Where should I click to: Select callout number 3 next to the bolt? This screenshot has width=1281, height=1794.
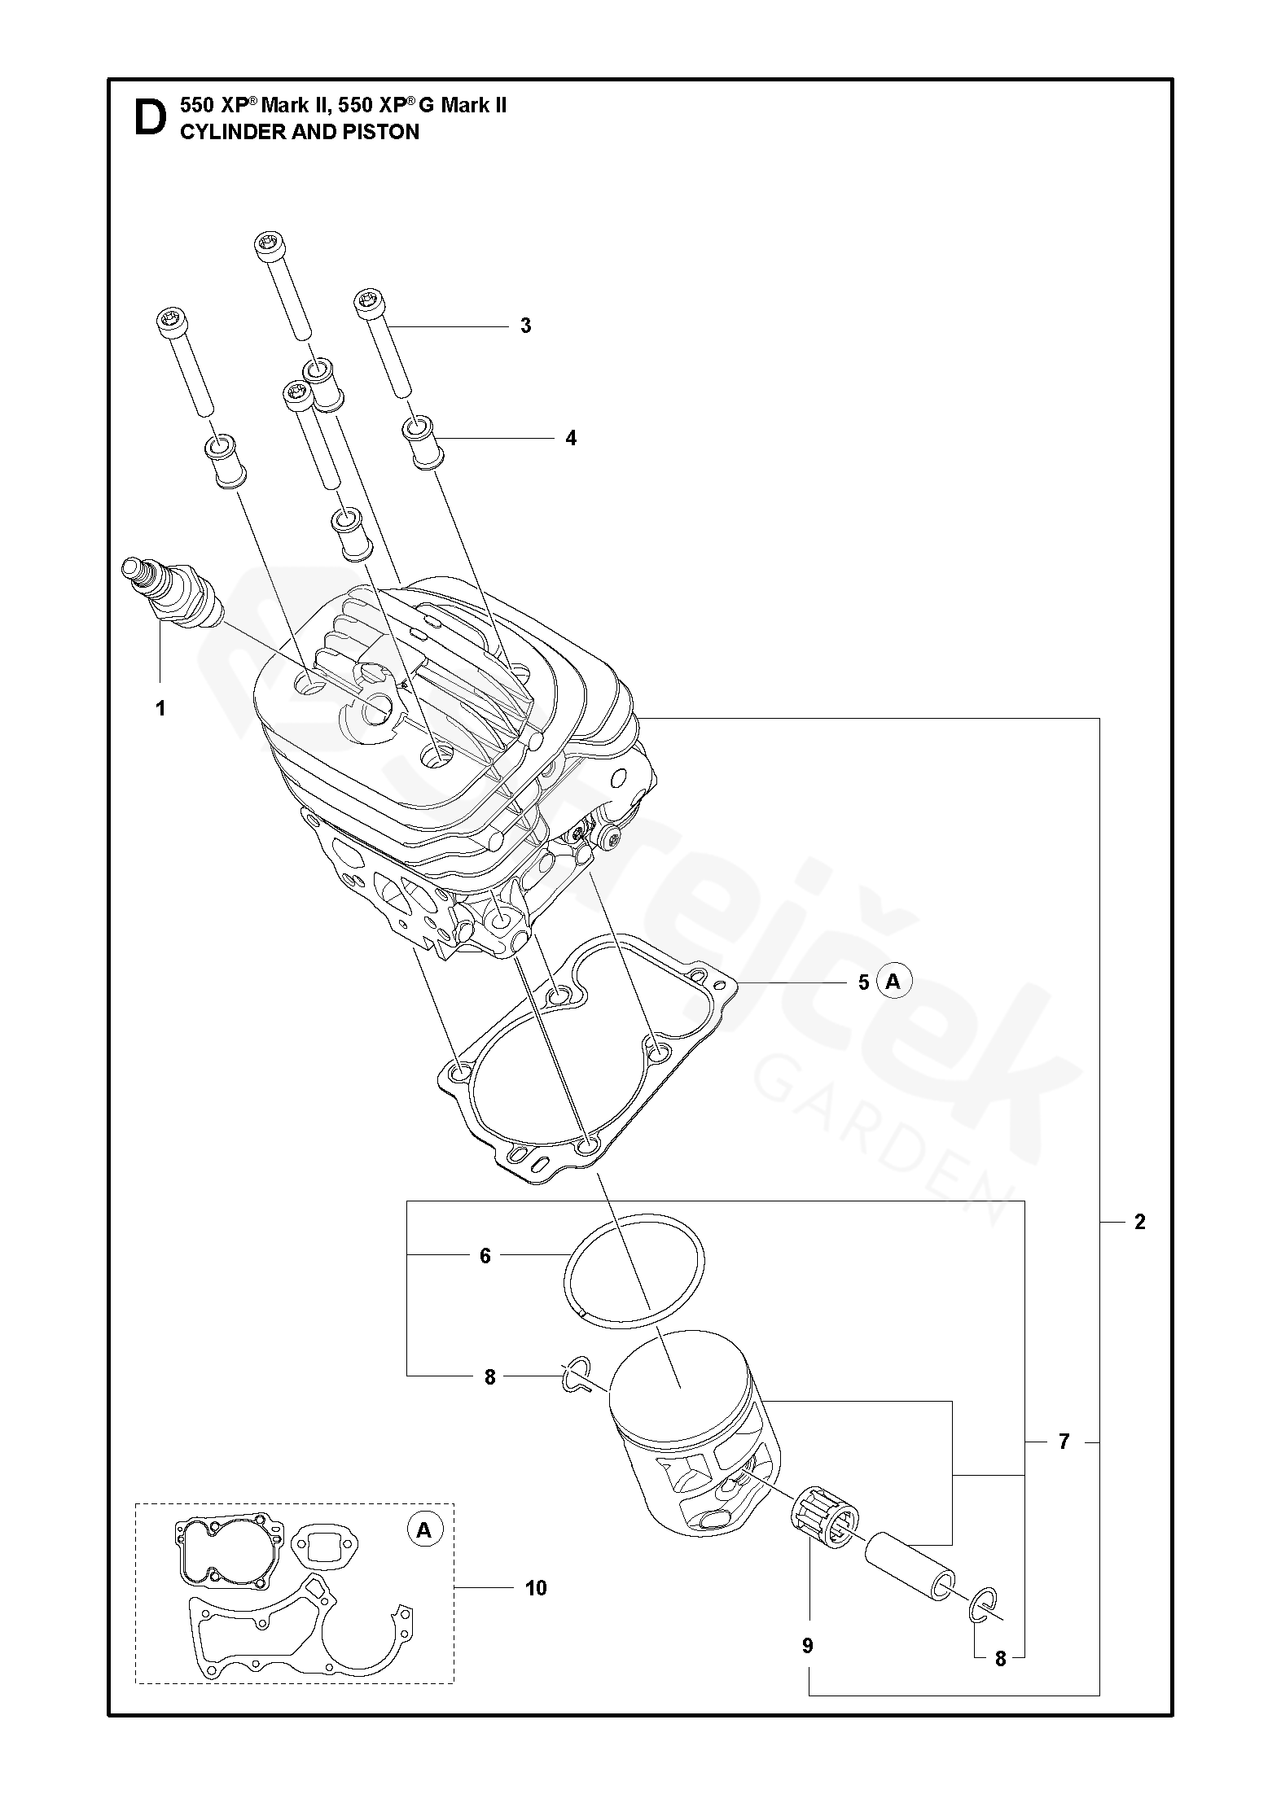pyautogui.click(x=525, y=326)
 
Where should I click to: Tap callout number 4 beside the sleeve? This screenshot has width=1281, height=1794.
pyautogui.click(x=571, y=438)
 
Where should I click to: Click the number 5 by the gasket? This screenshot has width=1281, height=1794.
pyautogui.click(x=863, y=982)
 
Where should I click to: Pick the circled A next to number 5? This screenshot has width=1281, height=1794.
pyautogui.click(x=893, y=982)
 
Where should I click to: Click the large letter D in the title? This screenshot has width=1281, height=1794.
pyautogui.click(x=149, y=118)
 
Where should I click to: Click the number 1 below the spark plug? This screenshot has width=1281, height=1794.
pyautogui.click(x=160, y=709)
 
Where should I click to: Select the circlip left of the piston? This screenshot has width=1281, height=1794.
pyautogui.click(x=577, y=1375)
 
